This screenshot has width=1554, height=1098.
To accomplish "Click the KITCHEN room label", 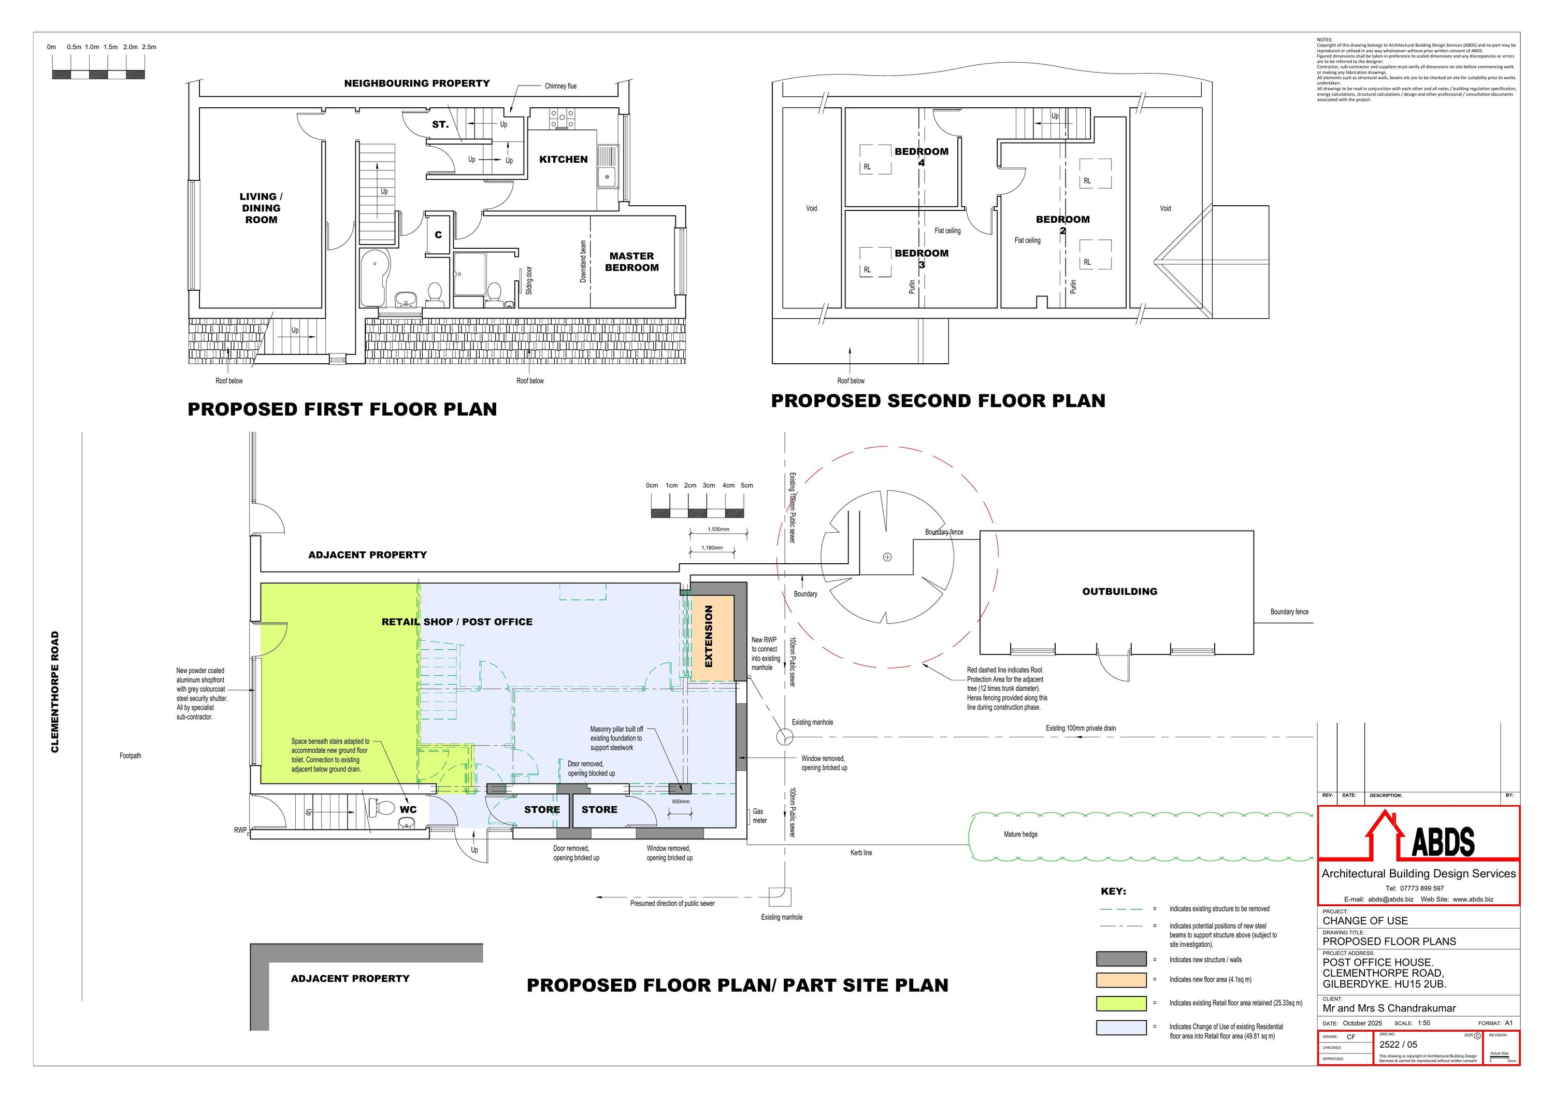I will [563, 160].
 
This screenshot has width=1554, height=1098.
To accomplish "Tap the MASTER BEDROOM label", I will [631, 262].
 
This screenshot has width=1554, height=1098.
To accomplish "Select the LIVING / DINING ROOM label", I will [261, 208].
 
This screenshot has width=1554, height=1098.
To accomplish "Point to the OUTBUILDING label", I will [1119, 592].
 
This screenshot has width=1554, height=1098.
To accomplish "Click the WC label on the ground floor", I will [408, 809].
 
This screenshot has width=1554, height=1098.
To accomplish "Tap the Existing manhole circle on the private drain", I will [784, 736].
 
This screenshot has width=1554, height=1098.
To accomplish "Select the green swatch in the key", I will [1121, 1003].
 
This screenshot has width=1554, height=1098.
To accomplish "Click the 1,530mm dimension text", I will [718, 530].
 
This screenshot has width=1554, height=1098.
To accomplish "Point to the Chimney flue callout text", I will [560, 87].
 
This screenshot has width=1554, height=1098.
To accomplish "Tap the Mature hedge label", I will [1020, 835].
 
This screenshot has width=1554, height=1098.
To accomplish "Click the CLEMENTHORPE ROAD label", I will [55, 692].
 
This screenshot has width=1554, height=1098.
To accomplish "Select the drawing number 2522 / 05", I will [1398, 1045].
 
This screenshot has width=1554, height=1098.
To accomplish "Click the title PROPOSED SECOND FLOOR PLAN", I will [938, 401].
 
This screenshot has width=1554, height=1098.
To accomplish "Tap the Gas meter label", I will [759, 816].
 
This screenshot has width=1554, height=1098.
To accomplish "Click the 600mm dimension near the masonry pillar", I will [681, 802].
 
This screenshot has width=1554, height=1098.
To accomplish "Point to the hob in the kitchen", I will [563, 121].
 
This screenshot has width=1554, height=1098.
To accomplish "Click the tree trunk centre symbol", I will [887, 557].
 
